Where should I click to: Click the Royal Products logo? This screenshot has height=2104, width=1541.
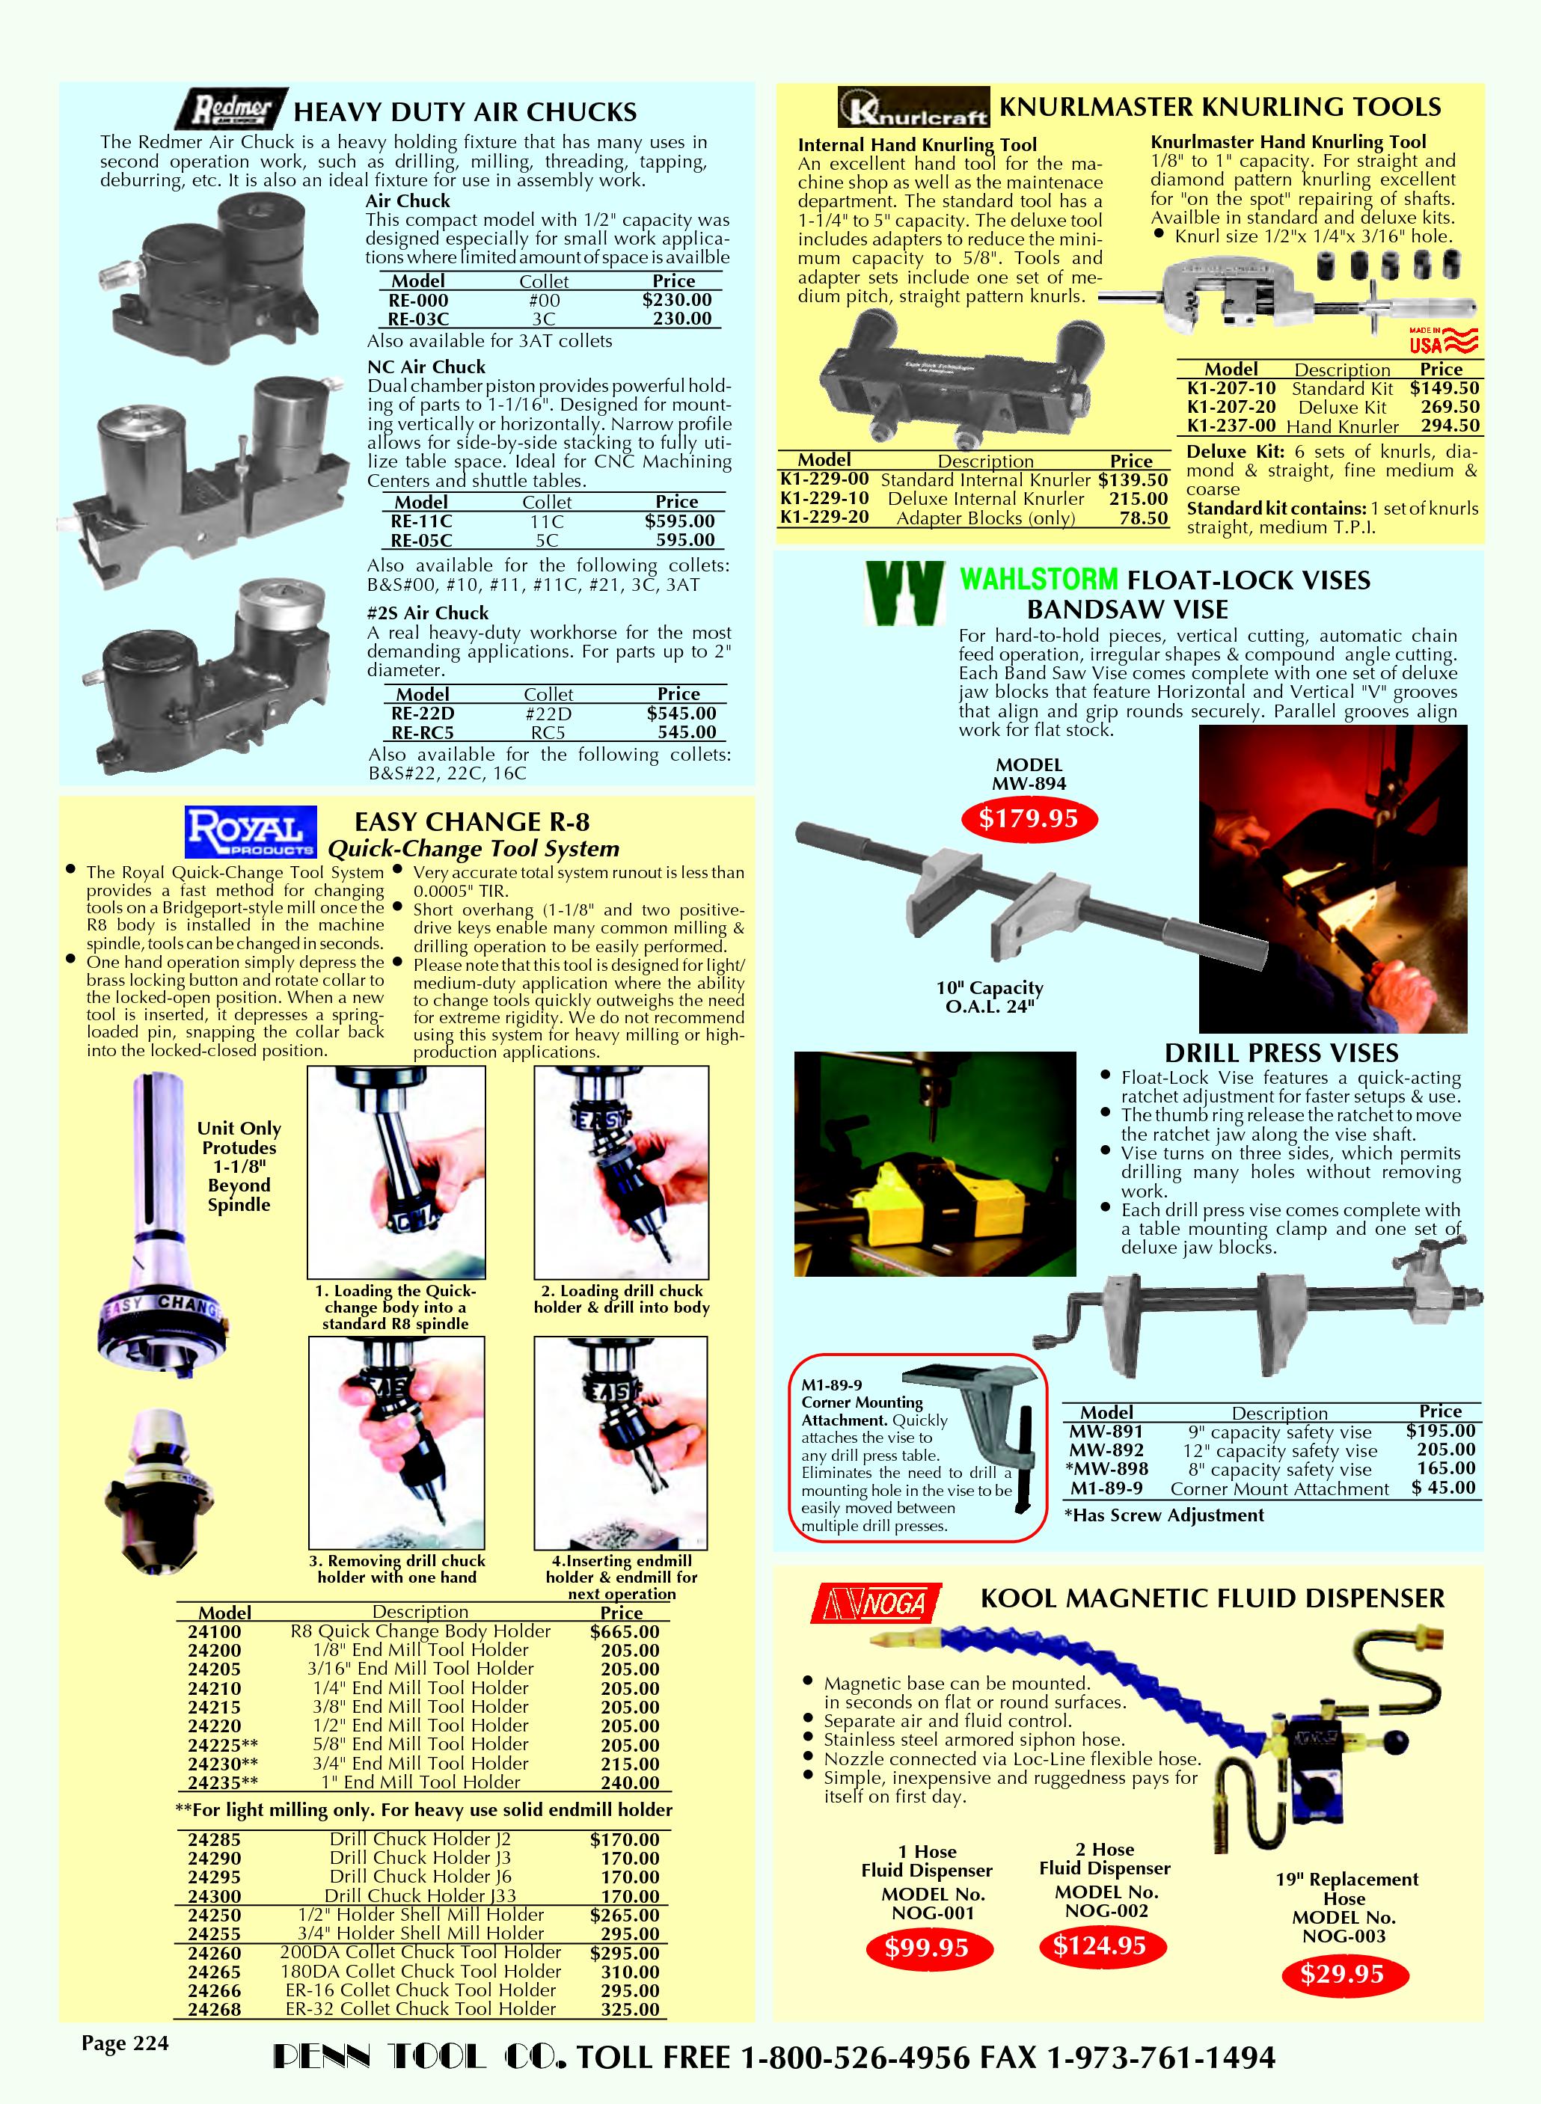[x=251, y=832]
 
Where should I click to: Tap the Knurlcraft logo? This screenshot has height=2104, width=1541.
[x=913, y=107]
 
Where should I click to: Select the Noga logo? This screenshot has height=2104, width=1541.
[x=875, y=1602]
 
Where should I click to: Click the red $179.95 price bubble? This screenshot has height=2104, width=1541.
[x=1028, y=819]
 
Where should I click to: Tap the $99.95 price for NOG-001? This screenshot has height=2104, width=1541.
[x=926, y=1948]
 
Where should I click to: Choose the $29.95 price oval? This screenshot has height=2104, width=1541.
[x=1342, y=1973]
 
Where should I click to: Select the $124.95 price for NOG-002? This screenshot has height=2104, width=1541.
[x=1099, y=1945]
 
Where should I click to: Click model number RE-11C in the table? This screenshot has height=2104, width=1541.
[x=422, y=521]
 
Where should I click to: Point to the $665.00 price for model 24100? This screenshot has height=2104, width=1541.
[x=624, y=1631]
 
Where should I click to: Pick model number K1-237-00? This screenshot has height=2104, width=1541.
[x=1231, y=426]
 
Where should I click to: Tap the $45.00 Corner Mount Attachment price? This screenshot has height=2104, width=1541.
[x=1443, y=1488]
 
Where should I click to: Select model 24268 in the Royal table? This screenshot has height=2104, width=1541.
[x=214, y=2009]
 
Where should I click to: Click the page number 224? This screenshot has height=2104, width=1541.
[x=125, y=2043]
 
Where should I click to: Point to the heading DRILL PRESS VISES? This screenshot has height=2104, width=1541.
[x=1281, y=1053]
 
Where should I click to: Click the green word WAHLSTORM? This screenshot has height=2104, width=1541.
[x=1038, y=579]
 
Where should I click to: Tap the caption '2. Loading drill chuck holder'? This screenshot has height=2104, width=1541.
[x=621, y=1299]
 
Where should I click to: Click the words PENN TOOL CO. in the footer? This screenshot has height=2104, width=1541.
[x=419, y=2058]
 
